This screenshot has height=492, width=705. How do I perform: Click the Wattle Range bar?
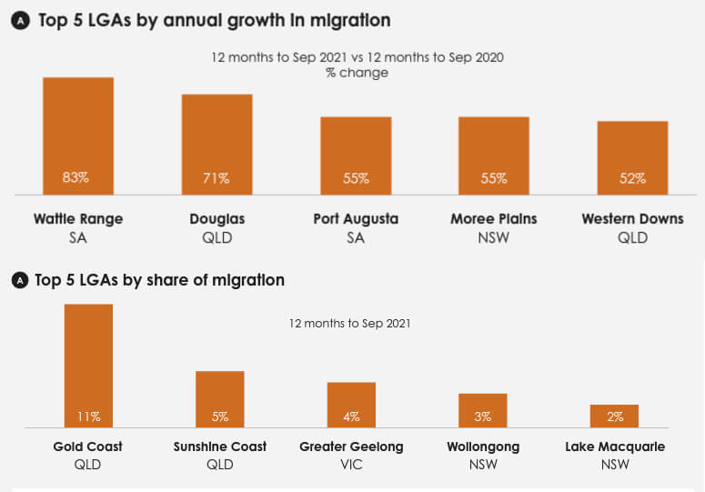coord(78,136)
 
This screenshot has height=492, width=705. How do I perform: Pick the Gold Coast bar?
coord(88,365)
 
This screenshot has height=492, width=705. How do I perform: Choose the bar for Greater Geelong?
coord(351,404)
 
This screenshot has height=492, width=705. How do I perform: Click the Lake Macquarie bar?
coord(614,416)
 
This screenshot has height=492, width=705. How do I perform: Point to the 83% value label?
coord(76,178)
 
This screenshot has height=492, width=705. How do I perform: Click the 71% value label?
coord(217,178)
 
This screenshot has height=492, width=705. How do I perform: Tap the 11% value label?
coord(88,417)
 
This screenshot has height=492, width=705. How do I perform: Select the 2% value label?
coord(615,417)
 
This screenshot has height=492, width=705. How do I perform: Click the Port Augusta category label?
coord(356,219)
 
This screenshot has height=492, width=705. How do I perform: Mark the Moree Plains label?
coord(494,219)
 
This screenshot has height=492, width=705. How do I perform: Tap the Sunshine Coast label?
coord(220,447)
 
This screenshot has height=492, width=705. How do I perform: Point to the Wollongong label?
coord(483,447)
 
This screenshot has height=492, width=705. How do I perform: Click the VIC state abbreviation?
coord(351,465)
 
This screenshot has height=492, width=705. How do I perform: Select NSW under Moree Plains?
coord(494,237)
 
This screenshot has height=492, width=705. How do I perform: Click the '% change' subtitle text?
coord(357,73)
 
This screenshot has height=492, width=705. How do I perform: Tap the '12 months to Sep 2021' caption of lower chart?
coord(350,323)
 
